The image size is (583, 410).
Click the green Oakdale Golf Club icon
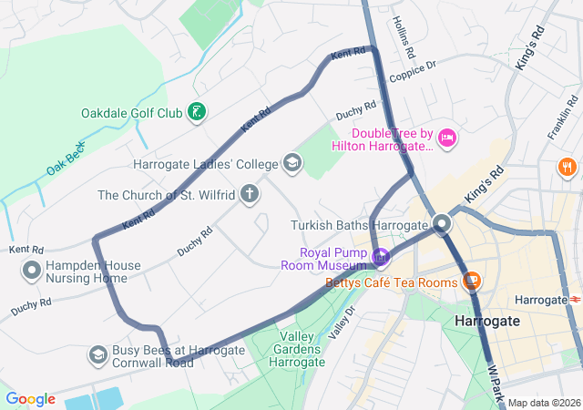(195, 113)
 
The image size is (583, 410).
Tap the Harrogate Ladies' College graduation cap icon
(292, 164)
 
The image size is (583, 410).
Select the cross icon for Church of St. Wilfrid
(250, 194)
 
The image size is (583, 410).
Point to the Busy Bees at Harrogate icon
(97, 353)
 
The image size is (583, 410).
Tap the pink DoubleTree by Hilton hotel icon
(446, 138)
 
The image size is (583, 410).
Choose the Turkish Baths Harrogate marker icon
(443, 223)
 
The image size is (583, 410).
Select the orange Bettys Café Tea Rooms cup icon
(472, 280)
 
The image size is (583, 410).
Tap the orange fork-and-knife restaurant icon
(567, 167)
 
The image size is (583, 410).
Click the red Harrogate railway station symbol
(575, 299)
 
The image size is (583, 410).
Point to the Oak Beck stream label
(66, 159)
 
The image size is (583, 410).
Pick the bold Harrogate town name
(486, 321)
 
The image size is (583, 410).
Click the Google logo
(30, 399)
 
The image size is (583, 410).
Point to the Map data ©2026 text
(544, 403)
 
